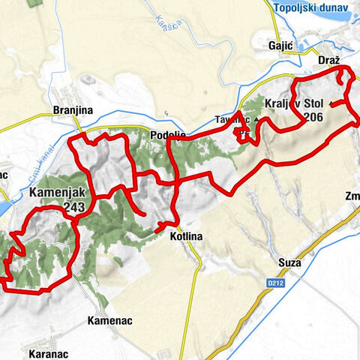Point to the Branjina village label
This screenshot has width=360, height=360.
[x=73, y=110]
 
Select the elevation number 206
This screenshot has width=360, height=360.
[x=313, y=117]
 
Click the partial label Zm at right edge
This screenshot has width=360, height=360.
[x=352, y=196]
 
